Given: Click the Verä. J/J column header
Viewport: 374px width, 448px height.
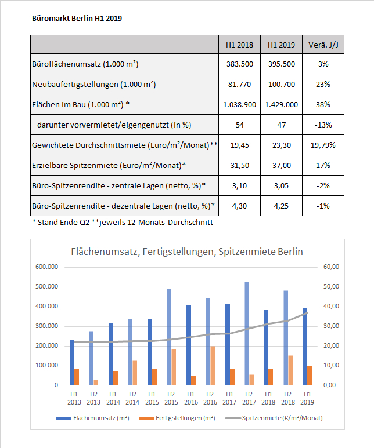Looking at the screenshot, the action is click(323, 45).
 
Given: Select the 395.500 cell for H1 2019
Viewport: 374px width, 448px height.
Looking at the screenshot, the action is click(282, 64).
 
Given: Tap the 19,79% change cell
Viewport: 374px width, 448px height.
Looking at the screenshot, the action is click(323, 145).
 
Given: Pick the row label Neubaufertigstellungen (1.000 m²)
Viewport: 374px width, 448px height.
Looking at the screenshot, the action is click(94, 85).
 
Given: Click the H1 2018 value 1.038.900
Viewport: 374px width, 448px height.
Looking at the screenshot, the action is click(239, 104).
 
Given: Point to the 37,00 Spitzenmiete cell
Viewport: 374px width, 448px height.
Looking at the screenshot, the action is click(282, 165).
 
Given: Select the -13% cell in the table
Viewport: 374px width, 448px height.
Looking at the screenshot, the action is click(323, 125).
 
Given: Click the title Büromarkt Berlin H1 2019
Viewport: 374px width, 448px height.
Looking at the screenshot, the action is click(77, 19).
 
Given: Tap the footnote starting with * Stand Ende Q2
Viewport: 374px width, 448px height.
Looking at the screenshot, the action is click(123, 223).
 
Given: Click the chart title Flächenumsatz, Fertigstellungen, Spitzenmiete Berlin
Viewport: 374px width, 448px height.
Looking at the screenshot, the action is click(187, 252).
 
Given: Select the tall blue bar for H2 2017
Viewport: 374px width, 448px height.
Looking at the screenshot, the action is click(247, 333).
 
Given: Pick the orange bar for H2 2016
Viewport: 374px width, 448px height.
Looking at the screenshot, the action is click(213, 366).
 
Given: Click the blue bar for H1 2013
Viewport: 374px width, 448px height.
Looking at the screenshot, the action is click(72, 362).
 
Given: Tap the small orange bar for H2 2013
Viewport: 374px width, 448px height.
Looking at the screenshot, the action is click(96, 383).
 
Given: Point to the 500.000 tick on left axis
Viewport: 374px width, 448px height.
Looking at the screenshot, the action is click(46, 286).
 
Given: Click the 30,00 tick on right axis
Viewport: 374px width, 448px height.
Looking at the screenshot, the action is click(332, 326).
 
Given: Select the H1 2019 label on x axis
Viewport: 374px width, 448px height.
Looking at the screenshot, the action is click(307, 398).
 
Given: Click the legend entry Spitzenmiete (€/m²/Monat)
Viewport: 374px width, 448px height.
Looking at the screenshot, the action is click(274, 418).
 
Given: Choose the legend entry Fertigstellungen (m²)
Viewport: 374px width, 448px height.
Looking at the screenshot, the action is click(177, 418).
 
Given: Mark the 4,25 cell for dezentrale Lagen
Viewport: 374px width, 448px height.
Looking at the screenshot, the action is click(281, 206).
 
